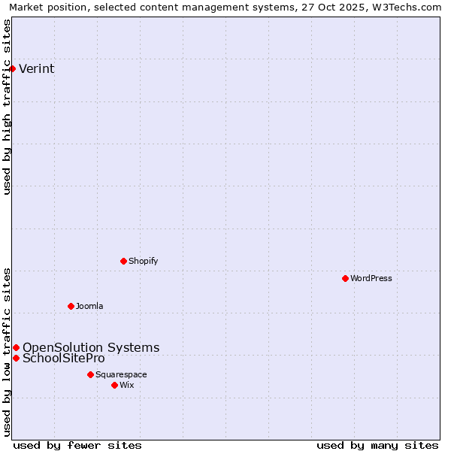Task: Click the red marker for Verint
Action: (x=12, y=68)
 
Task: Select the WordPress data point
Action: (x=345, y=278)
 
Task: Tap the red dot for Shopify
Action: (x=123, y=261)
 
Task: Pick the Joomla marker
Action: (x=71, y=306)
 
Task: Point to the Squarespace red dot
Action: (x=90, y=374)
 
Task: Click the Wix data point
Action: (x=114, y=385)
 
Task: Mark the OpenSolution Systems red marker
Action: (x=16, y=347)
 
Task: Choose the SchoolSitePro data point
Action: (x=16, y=358)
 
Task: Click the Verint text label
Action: (x=36, y=69)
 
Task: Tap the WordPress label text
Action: (x=371, y=279)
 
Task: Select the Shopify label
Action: (x=143, y=262)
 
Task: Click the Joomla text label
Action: (x=89, y=307)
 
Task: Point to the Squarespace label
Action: (x=121, y=375)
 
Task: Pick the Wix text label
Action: (x=126, y=386)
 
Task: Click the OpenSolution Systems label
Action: (x=91, y=347)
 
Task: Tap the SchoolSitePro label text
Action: (x=64, y=359)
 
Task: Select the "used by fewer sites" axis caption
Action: (x=77, y=445)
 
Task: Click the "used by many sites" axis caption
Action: (x=377, y=445)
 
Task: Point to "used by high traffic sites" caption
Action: (x=8, y=107)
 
